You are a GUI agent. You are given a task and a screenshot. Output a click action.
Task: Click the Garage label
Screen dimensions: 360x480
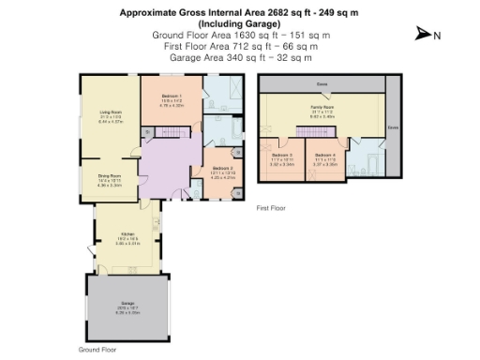pos(128,305)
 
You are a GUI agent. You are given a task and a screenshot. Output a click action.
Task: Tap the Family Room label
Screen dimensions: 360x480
pos(322,108)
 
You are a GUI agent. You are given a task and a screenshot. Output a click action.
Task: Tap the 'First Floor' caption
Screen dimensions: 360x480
pos(270,208)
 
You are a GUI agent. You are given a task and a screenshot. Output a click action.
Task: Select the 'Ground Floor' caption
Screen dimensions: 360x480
pos(96,348)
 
